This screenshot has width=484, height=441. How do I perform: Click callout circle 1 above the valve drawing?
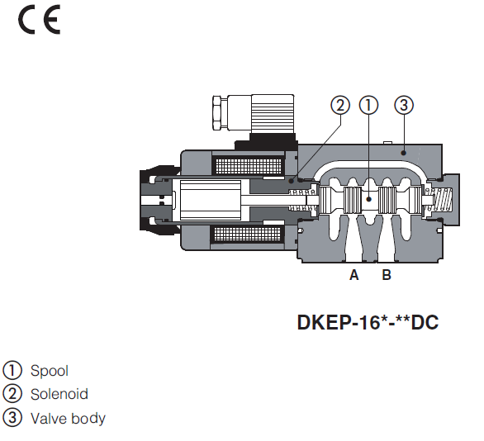(369, 105)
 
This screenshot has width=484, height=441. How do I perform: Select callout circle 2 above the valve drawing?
(339, 105)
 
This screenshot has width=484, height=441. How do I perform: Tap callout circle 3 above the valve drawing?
(403, 105)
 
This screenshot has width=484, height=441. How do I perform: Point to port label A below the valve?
(354, 276)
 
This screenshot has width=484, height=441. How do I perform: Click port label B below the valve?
(387, 276)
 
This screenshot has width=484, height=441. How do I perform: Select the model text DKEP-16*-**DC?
(368, 321)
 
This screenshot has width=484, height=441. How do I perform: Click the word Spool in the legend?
(50, 371)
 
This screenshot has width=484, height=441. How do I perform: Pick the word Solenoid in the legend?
(59, 394)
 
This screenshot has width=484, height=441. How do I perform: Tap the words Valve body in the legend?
(69, 418)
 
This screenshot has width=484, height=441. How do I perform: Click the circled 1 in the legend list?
(13, 371)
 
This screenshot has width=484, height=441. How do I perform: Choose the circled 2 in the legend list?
(13, 394)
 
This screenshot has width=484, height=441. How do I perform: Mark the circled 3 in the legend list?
(13, 418)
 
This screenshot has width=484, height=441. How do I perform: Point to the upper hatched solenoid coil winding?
(236, 166)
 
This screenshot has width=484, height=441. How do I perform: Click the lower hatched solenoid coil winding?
(236, 235)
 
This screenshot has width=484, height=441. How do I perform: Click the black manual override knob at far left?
(154, 201)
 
